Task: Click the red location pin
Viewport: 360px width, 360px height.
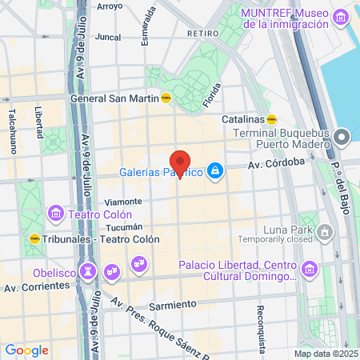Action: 180,163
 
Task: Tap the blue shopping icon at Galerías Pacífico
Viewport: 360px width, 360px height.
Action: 215,170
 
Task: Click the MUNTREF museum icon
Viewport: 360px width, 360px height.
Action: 342,17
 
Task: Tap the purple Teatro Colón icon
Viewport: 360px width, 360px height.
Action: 56,214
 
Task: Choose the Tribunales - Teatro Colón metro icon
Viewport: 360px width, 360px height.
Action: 35,238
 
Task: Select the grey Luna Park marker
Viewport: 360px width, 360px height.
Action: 325,233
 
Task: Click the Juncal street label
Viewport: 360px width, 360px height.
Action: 107,37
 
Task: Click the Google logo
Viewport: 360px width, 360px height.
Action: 26,350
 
